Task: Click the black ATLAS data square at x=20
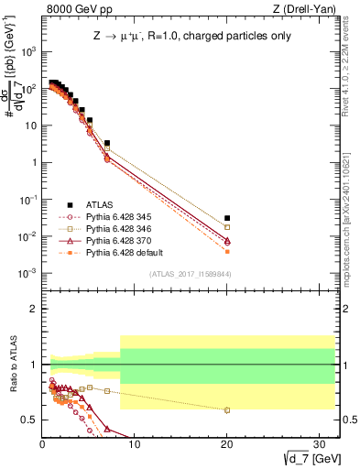click(x=227, y=218)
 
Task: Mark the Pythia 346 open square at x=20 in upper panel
click(x=227, y=227)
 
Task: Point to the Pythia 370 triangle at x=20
click(x=227, y=240)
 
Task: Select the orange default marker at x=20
click(x=227, y=251)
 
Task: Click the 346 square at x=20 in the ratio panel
click(x=227, y=409)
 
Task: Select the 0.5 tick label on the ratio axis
click(x=29, y=420)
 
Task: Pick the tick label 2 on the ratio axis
click(x=33, y=309)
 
